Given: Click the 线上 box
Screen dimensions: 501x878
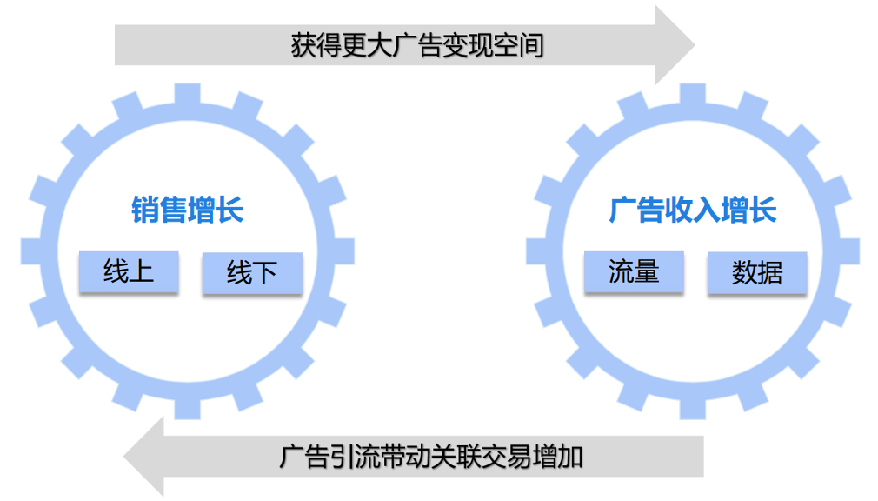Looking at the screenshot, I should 129,271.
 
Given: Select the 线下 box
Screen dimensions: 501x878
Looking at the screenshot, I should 252,273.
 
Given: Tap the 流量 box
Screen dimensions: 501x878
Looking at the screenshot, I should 634,271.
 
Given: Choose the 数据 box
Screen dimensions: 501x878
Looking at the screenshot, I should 757,273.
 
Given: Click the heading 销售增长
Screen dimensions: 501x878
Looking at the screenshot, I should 188,210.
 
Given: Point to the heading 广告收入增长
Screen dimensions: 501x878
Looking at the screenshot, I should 693,210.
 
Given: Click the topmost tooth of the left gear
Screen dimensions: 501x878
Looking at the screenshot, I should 187,94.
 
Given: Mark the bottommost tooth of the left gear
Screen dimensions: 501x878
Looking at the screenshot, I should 187,408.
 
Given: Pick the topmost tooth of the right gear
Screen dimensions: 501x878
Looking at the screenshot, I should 693,94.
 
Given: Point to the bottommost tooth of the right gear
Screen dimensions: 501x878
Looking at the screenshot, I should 693,408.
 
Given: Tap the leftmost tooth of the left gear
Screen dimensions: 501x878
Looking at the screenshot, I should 31,251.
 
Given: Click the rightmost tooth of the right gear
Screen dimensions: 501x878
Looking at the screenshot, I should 849,251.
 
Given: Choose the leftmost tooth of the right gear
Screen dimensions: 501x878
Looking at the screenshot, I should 536,251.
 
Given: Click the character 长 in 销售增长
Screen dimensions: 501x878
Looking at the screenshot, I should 230,210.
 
